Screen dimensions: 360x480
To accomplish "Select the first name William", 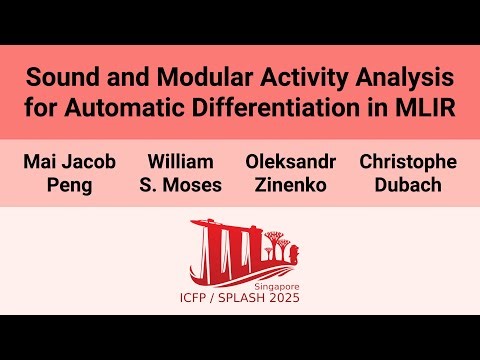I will pos(180,161).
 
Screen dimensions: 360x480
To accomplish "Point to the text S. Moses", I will pos(180,184).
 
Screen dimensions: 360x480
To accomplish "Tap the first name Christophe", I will pos(408,161).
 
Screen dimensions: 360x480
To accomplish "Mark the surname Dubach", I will pos(408,184).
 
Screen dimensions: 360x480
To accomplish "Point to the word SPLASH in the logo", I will pos(244,297).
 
